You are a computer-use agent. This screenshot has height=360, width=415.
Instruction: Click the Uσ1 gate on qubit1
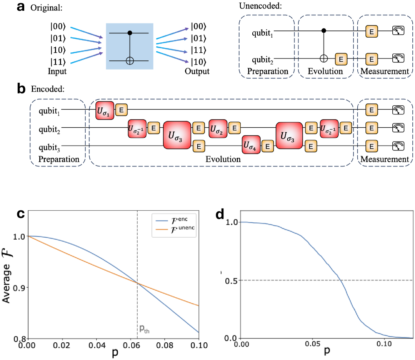(x=105, y=110)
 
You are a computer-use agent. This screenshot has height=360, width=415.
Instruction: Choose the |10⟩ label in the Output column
(x=200, y=62)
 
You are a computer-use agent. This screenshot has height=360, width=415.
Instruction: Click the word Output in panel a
(x=197, y=72)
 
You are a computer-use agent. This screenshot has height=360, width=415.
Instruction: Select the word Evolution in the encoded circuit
(x=223, y=159)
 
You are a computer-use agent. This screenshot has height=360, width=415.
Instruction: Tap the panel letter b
(x=23, y=89)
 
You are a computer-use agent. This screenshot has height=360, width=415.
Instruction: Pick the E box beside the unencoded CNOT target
(x=341, y=58)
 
